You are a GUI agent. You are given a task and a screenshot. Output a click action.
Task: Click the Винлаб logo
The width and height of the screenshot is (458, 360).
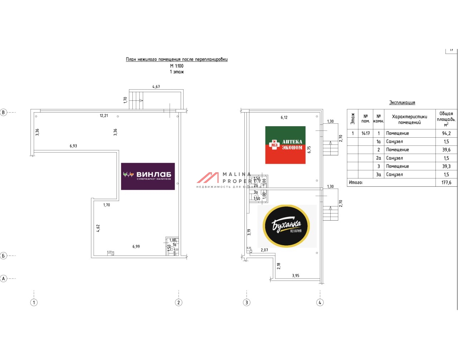point(148,176)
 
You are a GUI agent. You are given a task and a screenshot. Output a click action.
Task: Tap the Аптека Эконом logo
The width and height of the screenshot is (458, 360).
point(285,145)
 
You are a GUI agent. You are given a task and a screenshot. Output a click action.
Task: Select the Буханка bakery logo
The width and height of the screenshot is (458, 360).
point(286,226)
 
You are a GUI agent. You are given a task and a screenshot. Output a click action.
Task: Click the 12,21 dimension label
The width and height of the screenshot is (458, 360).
point(104,116)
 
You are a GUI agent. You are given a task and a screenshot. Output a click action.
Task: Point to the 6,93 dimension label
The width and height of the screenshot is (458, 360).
point(73,146)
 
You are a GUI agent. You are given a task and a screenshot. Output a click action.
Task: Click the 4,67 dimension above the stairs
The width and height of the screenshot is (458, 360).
point(156,87)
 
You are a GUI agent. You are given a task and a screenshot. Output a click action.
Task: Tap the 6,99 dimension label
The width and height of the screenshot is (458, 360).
point(136,247)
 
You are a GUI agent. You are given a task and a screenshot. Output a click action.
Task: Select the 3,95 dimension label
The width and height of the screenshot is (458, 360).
point(296,276)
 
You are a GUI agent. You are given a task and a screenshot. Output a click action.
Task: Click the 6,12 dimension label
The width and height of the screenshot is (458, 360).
point(284,118)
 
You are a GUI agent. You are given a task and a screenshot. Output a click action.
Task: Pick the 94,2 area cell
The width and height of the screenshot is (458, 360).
point(446,133)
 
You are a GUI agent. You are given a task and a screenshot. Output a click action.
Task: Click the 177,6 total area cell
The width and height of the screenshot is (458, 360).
point(446,183)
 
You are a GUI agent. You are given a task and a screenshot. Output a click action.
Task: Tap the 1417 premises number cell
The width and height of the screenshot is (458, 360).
point(365,133)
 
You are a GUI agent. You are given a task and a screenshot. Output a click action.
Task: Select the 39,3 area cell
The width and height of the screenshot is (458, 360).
point(446,166)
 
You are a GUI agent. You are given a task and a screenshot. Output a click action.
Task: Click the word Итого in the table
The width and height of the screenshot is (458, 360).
point(356,183)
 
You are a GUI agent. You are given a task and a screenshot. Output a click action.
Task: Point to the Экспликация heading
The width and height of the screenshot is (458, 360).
point(402,103)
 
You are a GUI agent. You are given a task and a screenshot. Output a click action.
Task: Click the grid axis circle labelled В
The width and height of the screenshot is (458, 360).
point(4,112)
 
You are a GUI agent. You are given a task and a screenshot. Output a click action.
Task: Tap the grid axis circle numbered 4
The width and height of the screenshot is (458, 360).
point(320,302)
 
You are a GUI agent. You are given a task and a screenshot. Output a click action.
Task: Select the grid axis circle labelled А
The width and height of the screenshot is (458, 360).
point(4,278)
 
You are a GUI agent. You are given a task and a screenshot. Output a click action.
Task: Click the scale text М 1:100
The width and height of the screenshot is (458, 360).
point(177,66)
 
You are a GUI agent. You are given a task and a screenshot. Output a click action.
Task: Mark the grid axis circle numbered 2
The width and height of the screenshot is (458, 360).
point(179,302)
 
